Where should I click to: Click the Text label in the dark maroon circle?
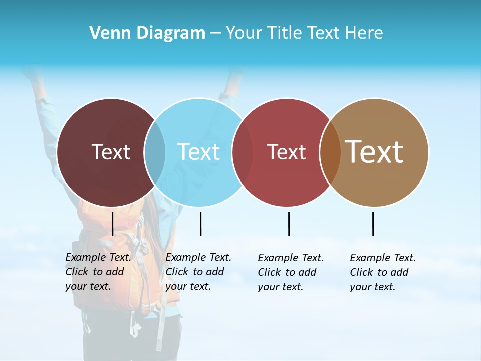pyautogui.click(x=111, y=152)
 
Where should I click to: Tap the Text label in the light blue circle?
pyautogui.click(x=199, y=152)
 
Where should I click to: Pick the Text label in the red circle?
pyautogui.click(x=286, y=152)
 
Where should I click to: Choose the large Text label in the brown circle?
pyautogui.click(x=374, y=151)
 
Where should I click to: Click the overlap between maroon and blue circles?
pyautogui.click(x=155, y=152)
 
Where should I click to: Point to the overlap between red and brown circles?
pyautogui.click(x=330, y=152)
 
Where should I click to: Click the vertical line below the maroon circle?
pyautogui.click(x=112, y=224)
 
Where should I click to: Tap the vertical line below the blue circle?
pyautogui.click(x=200, y=224)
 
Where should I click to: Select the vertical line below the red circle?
pyautogui.click(x=289, y=224)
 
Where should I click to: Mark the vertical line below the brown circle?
pyautogui.click(x=373, y=224)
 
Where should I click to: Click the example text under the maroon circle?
pyautogui.click(x=98, y=272)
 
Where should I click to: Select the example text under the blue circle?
pyautogui.click(x=198, y=272)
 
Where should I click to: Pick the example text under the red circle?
pyautogui.click(x=291, y=272)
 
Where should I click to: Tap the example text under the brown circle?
pyautogui.click(x=383, y=272)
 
